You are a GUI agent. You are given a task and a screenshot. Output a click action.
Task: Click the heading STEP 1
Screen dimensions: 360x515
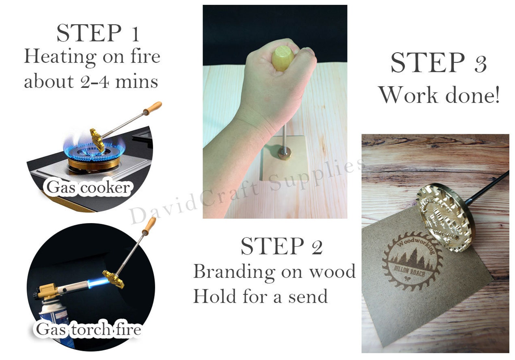click(98, 33)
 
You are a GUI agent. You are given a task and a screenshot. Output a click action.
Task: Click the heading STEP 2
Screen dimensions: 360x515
click(281, 246)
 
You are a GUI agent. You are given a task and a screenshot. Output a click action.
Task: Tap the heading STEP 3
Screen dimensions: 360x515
click(438, 62)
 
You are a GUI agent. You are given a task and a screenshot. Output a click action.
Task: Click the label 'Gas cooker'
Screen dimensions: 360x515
click(88, 187)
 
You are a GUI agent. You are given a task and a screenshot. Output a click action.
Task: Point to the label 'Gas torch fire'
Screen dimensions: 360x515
click(88, 330)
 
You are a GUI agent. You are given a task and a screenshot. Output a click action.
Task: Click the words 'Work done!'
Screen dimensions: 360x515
click(439, 95)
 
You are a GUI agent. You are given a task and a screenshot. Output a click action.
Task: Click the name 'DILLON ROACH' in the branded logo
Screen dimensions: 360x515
click(409, 271)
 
